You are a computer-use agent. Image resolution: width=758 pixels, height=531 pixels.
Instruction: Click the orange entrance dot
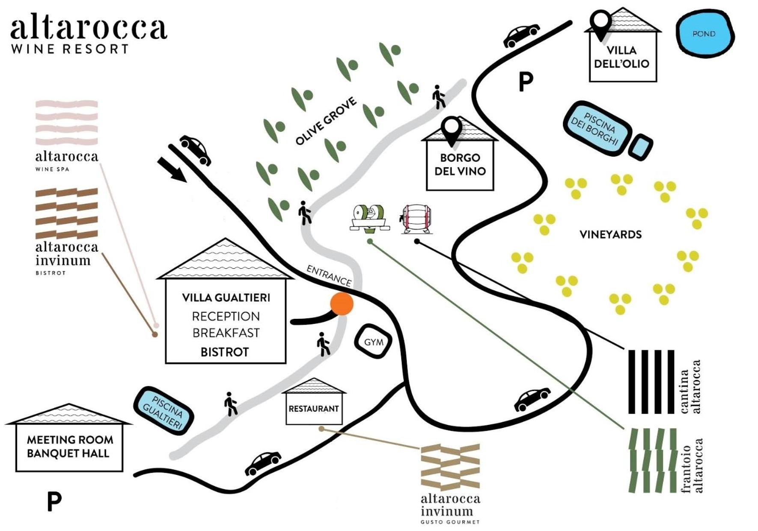pos(342,304)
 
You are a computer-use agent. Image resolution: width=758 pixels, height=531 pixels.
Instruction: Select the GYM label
pos(374,342)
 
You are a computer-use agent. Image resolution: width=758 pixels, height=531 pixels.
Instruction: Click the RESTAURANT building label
pos(314,409)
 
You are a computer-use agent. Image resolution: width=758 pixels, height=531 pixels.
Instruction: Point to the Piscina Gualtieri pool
pos(163,410)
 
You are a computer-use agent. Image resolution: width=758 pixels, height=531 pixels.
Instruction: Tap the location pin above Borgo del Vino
pos(452,131)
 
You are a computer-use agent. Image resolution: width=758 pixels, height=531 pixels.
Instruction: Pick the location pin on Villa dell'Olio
pos(600,25)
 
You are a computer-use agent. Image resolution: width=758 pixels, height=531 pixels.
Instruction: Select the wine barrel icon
pos(416,220)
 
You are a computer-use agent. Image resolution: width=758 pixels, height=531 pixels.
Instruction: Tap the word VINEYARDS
pos(611,234)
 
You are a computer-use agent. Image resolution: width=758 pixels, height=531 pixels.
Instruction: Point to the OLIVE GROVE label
pos(326,121)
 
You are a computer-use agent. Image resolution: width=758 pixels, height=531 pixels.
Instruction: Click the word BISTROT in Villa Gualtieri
pos(225,352)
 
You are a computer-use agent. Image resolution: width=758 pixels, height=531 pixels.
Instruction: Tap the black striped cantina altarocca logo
pos(651,382)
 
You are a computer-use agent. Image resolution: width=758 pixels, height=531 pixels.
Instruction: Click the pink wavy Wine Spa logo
pos(67,123)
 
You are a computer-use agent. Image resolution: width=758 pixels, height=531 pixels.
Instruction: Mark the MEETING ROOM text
pos(70,440)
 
